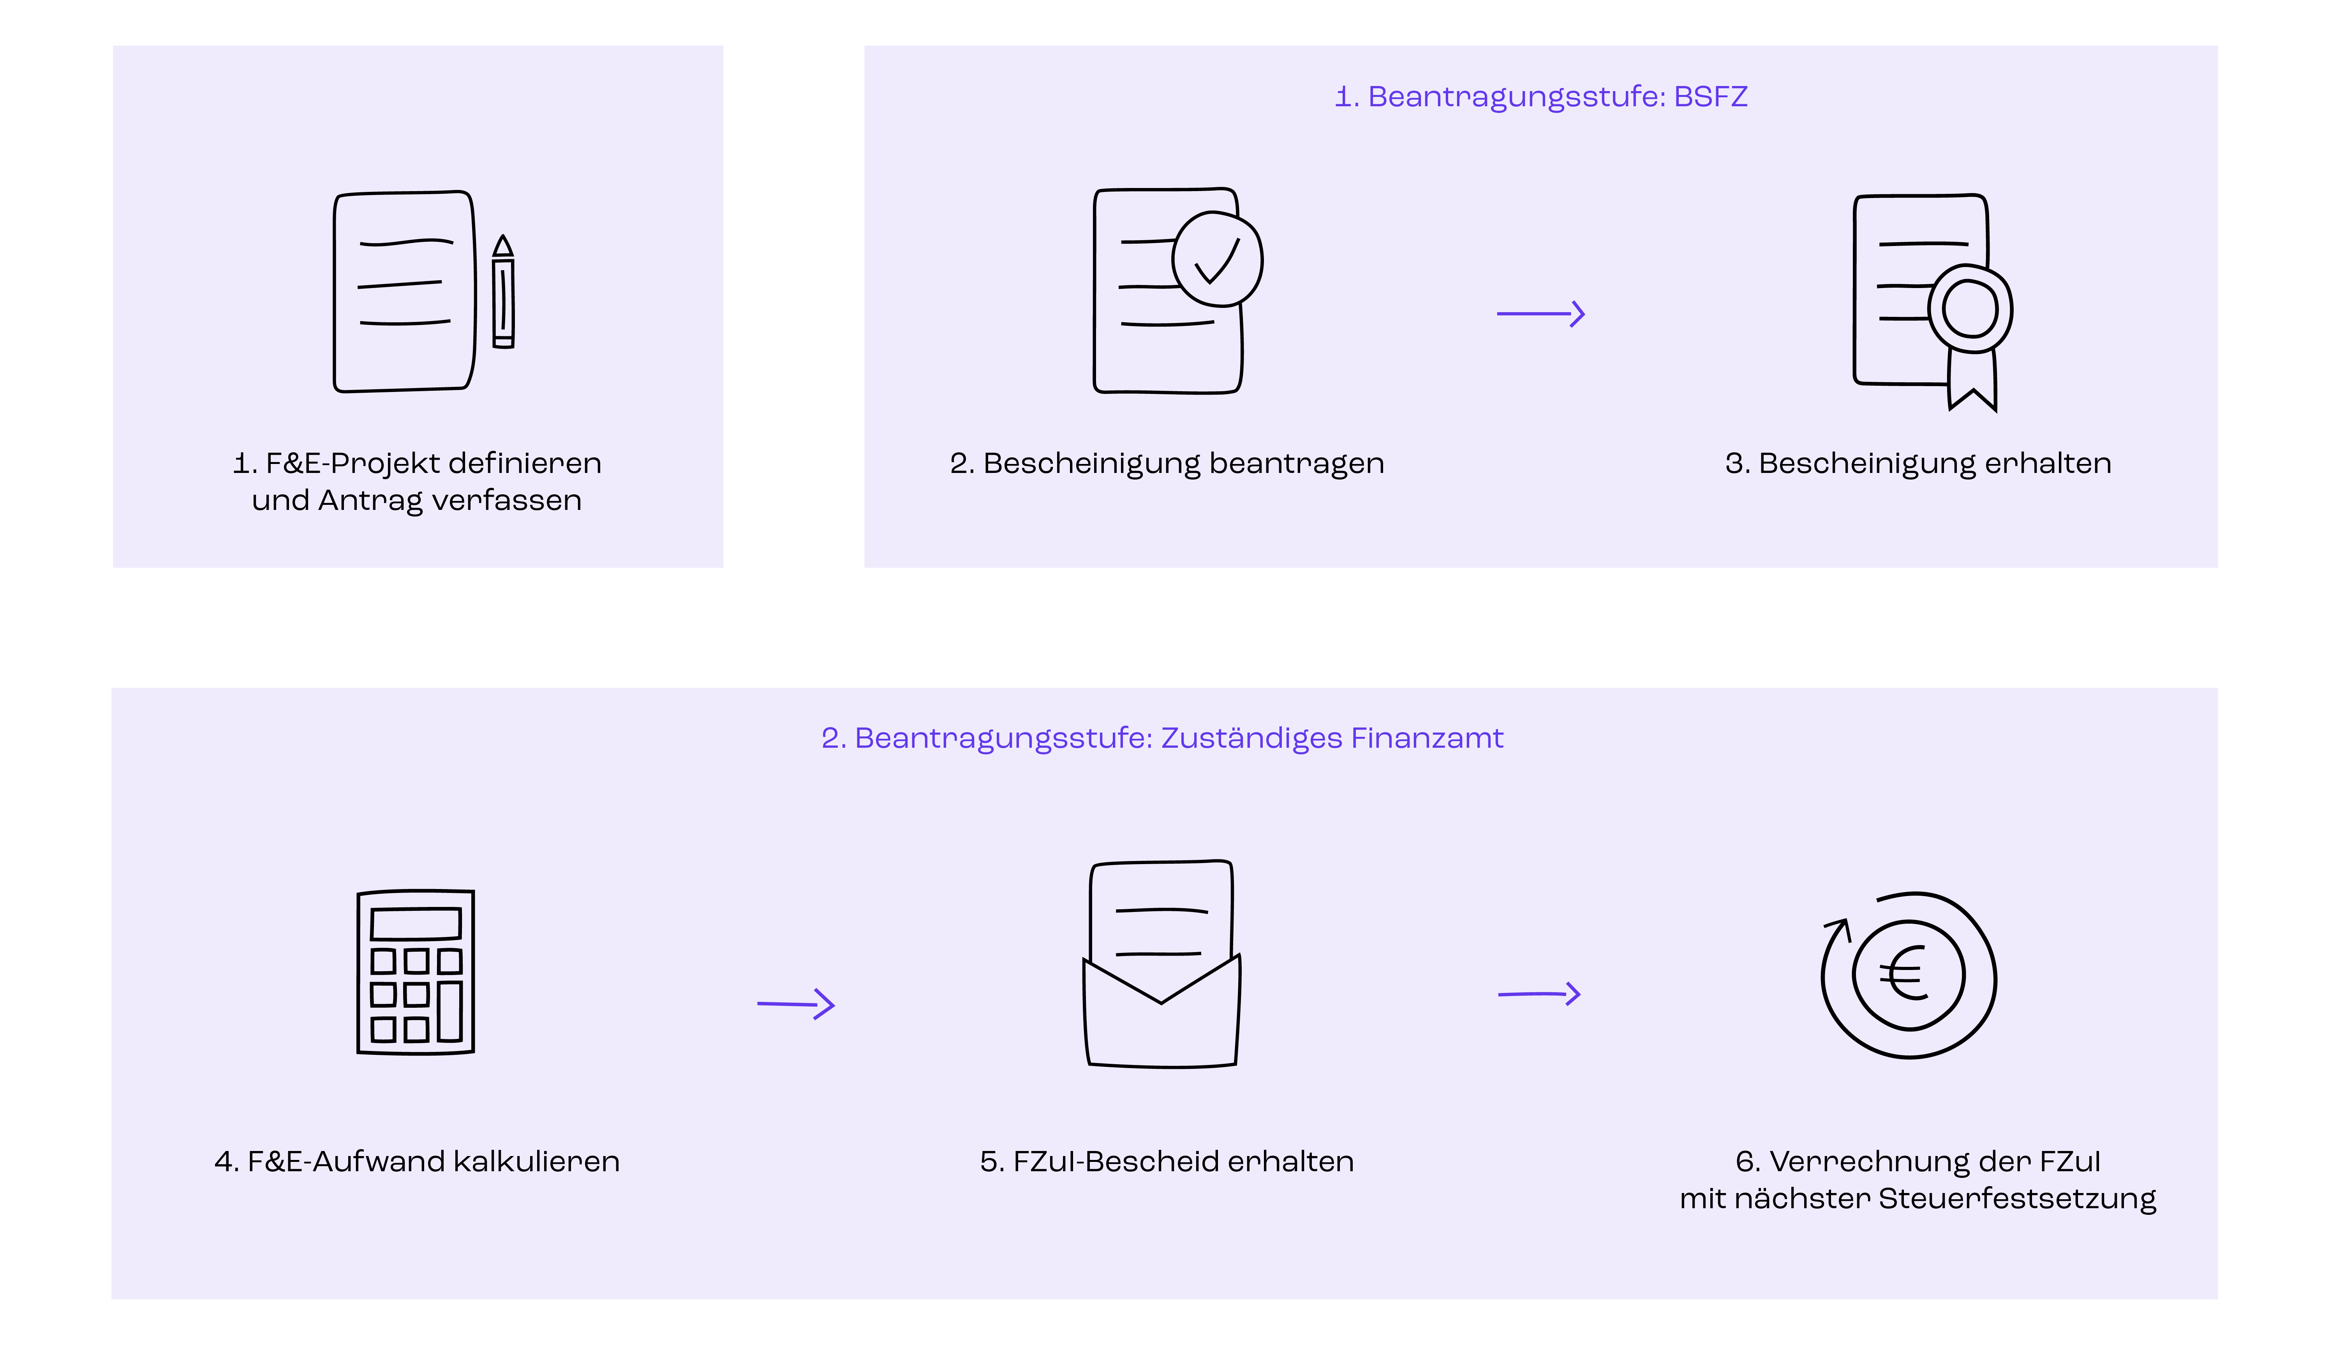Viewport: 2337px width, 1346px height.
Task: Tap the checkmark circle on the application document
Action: click(x=1217, y=260)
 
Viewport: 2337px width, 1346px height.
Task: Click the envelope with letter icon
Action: click(x=1161, y=966)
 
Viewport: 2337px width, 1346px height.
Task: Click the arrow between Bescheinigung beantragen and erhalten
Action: click(x=1541, y=315)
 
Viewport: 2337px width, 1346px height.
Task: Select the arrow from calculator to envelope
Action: click(x=795, y=1004)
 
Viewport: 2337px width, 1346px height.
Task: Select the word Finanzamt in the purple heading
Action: click(x=1427, y=739)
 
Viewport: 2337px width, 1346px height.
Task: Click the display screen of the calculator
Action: click(x=416, y=924)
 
